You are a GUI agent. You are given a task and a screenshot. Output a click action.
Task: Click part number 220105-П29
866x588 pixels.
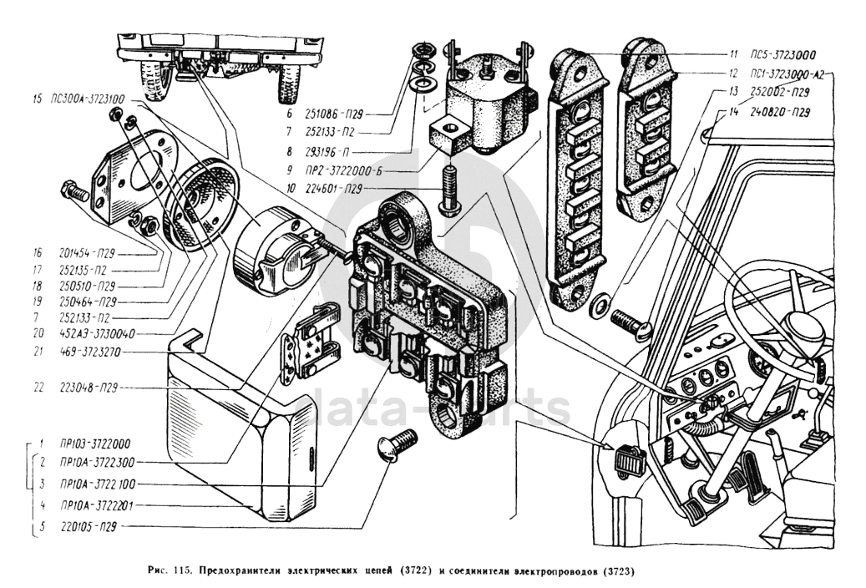pyautogui.click(x=87, y=527)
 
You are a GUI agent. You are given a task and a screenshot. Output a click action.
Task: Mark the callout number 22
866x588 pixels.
pyautogui.click(x=38, y=388)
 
